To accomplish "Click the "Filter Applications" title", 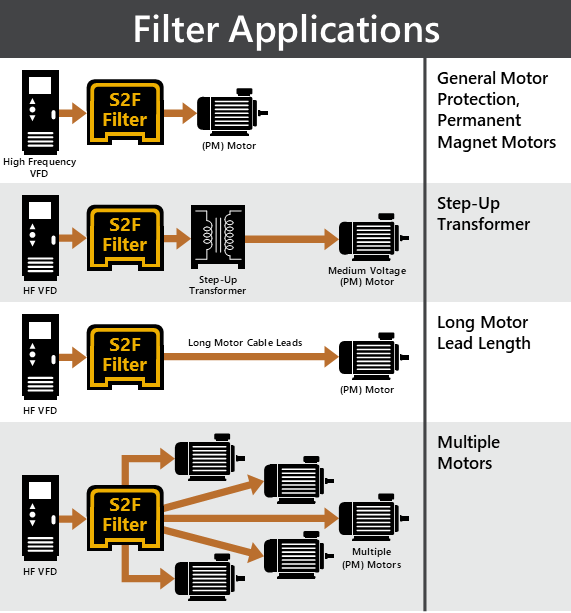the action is pyautogui.click(x=286, y=30).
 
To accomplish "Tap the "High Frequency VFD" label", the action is pyautogui.click(x=39, y=167).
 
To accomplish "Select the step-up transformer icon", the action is pyautogui.click(x=218, y=237).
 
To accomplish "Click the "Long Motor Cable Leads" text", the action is pyautogui.click(x=245, y=343).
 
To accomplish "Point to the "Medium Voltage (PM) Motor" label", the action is pyautogui.click(x=367, y=276).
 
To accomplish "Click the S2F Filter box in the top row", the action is pyautogui.click(x=125, y=112).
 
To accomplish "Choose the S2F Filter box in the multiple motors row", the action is pyautogui.click(x=125, y=518).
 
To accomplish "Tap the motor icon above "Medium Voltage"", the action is pyautogui.click(x=374, y=237).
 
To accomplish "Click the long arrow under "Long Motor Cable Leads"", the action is pyautogui.click(x=251, y=357).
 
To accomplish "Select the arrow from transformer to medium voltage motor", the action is pyautogui.click(x=292, y=239).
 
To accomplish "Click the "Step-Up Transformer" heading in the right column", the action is pyautogui.click(x=483, y=214).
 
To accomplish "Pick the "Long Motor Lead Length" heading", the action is pyautogui.click(x=483, y=333).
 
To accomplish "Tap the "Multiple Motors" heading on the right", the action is pyautogui.click(x=469, y=453).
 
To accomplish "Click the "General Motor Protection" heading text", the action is pyautogui.click(x=492, y=89).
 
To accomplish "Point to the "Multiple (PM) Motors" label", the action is pyautogui.click(x=371, y=558).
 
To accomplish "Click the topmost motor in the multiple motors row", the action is pyautogui.click(x=210, y=457).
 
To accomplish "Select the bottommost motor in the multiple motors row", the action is pyautogui.click(x=210, y=577).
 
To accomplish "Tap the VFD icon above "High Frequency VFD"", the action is pyautogui.click(x=41, y=112).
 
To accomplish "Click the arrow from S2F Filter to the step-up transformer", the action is pyautogui.click(x=177, y=238).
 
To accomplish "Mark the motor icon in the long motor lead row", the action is pyautogui.click(x=374, y=357).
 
